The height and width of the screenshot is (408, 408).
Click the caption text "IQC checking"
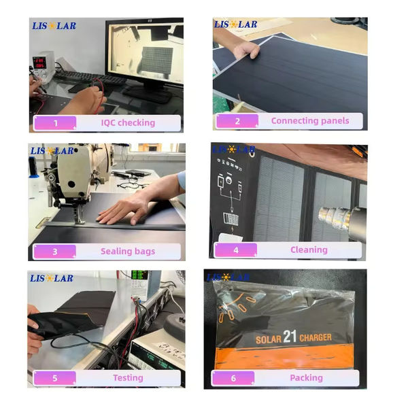[128, 123]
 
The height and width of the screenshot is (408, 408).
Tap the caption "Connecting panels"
[310, 121]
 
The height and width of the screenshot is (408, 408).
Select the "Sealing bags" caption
[128, 252]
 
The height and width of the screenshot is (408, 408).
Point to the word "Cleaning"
[309, 250]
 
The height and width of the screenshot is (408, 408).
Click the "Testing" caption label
[128, 378]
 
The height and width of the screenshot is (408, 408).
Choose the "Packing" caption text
[306, 378]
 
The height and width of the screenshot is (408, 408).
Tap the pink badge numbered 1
[55, 123]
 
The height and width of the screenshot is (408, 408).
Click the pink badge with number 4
[236, 250]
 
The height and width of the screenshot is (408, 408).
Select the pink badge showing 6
[233, 378]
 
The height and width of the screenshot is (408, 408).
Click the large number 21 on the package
[290, 337]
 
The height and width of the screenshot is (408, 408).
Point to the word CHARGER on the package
[316, 337]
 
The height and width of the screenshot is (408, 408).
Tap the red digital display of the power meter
[39, 63]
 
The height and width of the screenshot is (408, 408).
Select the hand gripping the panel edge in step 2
[246, 50]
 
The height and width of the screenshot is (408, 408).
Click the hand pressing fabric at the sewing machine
[125, 208]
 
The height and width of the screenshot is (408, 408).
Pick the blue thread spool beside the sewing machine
[33, 167]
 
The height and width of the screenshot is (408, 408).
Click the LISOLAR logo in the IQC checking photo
[54, 26]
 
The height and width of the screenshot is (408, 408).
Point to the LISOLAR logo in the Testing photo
[52, 278]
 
